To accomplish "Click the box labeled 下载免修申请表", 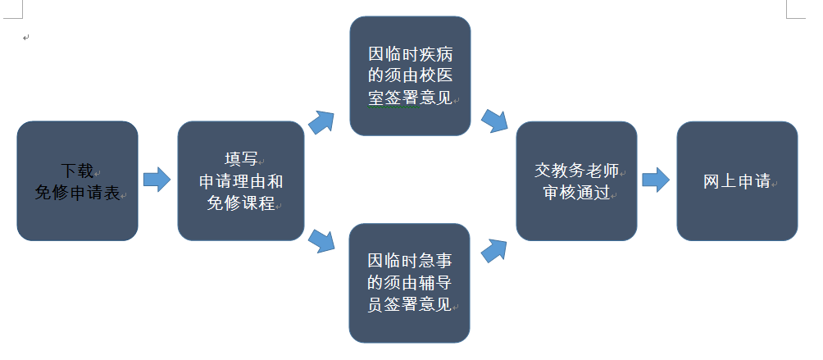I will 77,180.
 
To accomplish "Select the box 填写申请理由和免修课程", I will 241,180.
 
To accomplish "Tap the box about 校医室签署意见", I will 410,75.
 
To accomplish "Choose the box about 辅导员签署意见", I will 409,283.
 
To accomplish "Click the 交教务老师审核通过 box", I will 576,180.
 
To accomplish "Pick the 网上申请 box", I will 737,180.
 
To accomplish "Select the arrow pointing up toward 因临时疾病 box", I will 321,122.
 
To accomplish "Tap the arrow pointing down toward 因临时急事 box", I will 322,239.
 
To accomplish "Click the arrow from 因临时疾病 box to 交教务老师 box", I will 494,121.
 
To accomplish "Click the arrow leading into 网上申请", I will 655,180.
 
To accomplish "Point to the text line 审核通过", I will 577,193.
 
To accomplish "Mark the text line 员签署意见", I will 409,304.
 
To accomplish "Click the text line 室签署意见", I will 410,97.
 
